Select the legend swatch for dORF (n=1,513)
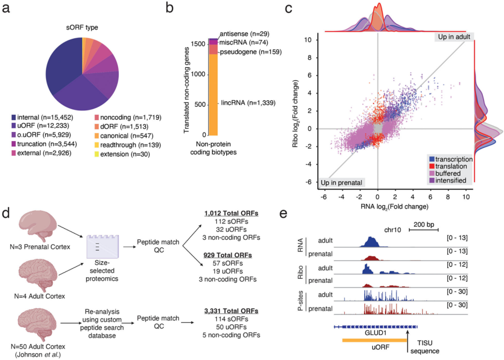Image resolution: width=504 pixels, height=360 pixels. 96,126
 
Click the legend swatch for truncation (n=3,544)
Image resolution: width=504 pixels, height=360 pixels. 13,144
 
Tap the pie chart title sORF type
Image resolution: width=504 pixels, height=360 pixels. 82,28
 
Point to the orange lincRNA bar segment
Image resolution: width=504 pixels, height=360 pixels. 213,95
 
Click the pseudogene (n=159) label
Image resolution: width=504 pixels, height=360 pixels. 251,52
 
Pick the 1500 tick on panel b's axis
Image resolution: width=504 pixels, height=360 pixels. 199,44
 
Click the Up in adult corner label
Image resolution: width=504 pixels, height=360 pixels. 454,37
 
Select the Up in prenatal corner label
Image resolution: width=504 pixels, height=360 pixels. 341,183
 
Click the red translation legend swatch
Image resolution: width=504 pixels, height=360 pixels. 432,166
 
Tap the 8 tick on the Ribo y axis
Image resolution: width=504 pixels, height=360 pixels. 310,58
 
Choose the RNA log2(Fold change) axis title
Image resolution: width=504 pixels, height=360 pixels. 395,207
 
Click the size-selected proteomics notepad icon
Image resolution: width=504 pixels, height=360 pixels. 102,246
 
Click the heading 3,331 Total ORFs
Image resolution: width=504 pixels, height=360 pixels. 231,311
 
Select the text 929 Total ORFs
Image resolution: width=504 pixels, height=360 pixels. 228,255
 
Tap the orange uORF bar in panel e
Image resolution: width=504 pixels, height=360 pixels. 375,340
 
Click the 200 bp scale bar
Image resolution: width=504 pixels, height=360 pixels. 424,230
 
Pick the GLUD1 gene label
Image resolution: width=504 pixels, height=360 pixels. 376,333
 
